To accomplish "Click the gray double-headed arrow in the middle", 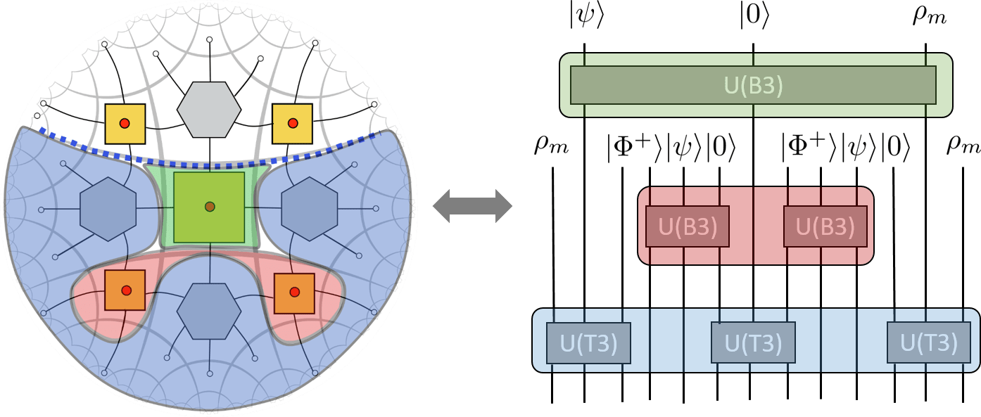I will [472, 207].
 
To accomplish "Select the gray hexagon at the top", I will [209, 109].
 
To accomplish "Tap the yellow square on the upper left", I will [125, 124].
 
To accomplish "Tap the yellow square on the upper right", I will [292, 124].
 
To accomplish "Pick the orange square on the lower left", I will [125, 290].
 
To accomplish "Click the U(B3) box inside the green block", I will [753, 85].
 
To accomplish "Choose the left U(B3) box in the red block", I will [688, 226].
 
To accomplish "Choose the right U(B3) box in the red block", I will [825, 226].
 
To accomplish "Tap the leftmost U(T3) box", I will [588, 343].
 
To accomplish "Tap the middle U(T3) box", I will [753, 343].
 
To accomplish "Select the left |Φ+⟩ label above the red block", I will [635, 150].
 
